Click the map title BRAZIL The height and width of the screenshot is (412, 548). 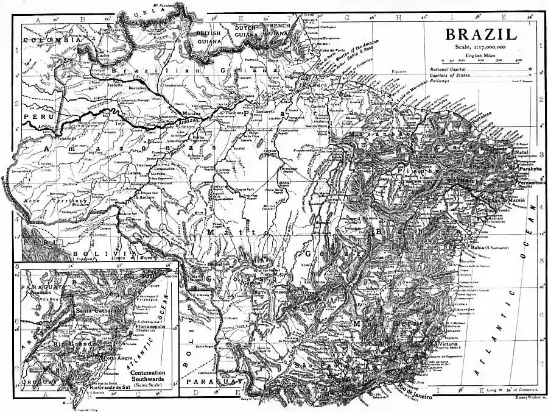(481, 34)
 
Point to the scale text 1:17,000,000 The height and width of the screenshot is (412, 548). (485, 47)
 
